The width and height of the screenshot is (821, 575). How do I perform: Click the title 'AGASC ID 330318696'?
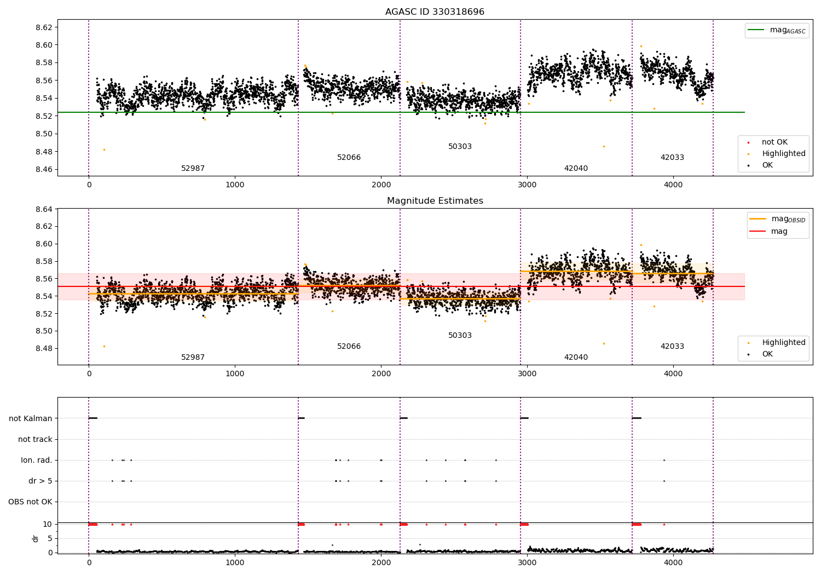coord(435,12)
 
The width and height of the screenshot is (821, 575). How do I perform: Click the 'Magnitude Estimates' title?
coord(435,201)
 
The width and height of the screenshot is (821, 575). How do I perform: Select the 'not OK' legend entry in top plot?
coord(774,142)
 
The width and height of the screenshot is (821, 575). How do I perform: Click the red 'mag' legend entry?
coord(779,232)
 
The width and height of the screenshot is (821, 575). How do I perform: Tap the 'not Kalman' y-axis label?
coord(31,419)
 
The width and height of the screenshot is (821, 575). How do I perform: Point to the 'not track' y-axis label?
coord(35,440)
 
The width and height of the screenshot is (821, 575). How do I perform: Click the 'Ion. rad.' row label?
coord(37,461)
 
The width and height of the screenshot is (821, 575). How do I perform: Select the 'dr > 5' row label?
coord(40,481)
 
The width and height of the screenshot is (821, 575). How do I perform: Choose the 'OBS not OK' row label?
coord(30,502)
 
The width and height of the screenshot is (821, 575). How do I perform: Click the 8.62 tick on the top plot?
coord(44,27)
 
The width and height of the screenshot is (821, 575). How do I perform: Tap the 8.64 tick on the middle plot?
coord(44,209)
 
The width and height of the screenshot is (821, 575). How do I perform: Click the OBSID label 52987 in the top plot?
coord(193,169)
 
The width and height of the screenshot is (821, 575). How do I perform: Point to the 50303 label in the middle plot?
coord(460,336)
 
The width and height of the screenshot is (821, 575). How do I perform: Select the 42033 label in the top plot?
coord(672,158)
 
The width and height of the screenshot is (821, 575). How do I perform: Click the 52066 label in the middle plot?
coord(349,347)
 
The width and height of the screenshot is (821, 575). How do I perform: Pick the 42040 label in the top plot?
coord(576,169)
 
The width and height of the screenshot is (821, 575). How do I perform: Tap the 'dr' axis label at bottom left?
coord(36,538)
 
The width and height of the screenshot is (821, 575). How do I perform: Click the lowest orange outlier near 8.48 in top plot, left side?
coord(104,150)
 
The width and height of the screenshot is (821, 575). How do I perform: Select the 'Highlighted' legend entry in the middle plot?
coord(783,343)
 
